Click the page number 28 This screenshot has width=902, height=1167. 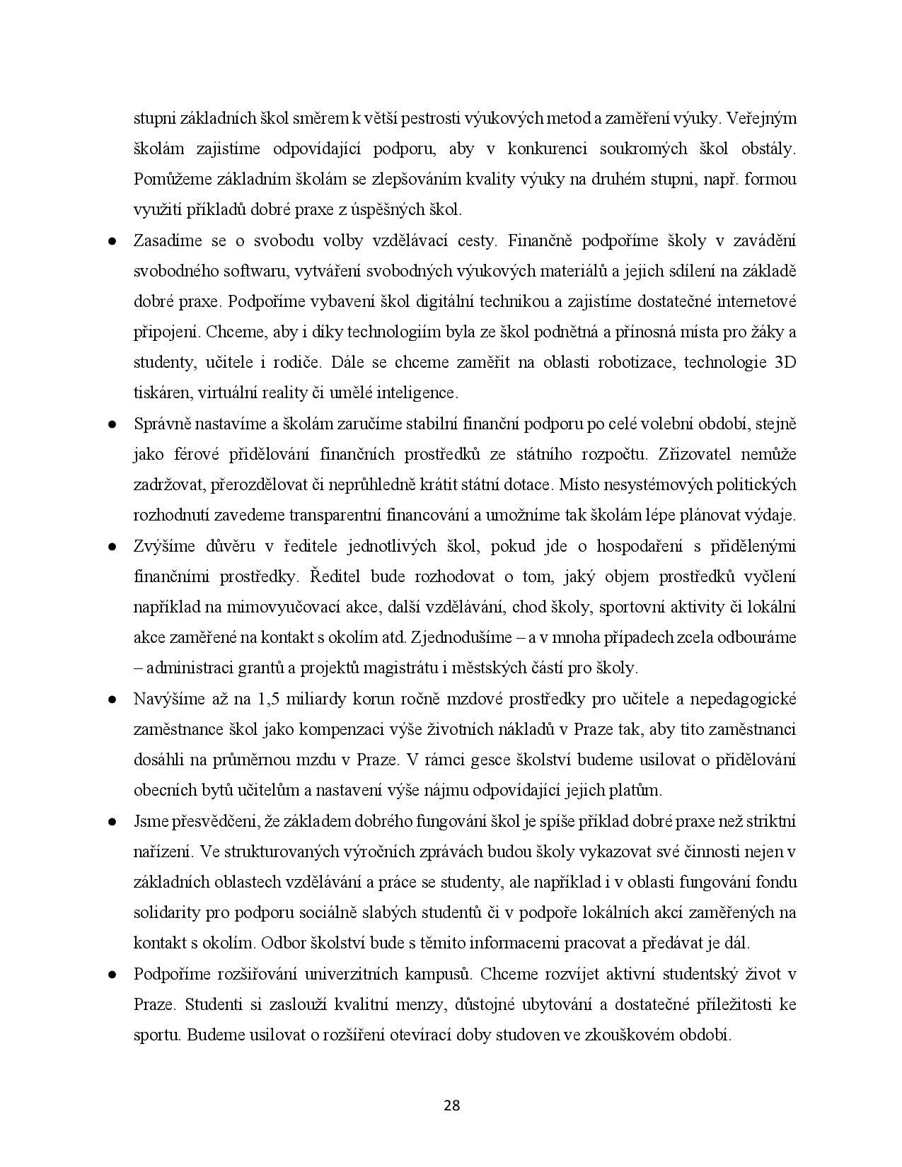point(451,1105)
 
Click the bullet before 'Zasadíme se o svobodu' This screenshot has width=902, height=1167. point(112,242)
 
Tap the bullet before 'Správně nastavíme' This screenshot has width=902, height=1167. point(112,425)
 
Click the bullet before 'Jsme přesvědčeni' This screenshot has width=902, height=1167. point(112,823)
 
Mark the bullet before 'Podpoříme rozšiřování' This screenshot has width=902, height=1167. point(112,975)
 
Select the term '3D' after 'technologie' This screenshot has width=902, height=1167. point(785,363)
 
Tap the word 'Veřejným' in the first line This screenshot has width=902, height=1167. point(761,118)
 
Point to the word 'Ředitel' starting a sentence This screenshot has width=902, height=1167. point(336,576)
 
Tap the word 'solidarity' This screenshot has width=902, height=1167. point(167,912)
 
